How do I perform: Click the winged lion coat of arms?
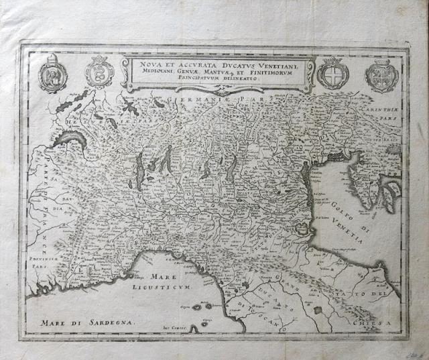(52, 76)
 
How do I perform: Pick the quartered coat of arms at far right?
(381, 74)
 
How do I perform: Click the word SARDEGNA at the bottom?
(107, 322)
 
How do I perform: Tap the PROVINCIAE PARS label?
(45, 259)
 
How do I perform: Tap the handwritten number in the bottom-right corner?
(416, 349)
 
